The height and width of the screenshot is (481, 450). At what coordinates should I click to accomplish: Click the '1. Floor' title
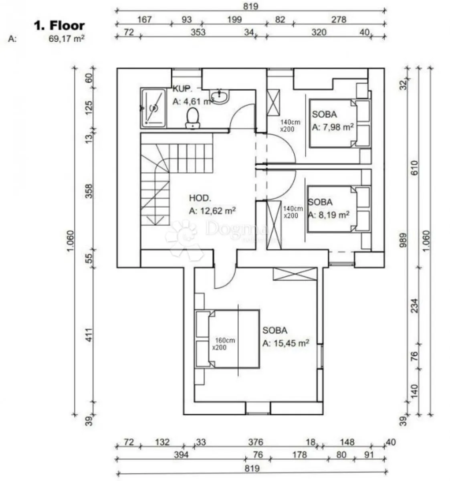pos(59,26)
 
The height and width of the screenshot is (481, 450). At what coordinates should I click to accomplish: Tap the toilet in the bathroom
pos(193,118)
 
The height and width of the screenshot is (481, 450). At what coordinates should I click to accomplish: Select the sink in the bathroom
pos(219,96)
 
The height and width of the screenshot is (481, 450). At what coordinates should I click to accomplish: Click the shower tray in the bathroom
pos(153,108)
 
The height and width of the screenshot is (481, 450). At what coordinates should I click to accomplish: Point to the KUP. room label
pos(182,89)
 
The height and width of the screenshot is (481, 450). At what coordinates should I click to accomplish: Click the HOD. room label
pos(200,198)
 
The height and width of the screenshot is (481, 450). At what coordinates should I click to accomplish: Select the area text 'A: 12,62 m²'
pos(212,211)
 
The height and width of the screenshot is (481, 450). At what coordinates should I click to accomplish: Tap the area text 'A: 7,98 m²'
pos(333,127)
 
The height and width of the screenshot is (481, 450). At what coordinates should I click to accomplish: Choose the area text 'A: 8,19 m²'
pos(329,215)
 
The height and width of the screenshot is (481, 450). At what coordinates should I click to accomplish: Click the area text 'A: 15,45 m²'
pos(286,343)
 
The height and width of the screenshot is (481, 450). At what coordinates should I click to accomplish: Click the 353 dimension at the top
pos(198,32)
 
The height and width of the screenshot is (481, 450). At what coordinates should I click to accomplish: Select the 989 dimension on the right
pos(403,240)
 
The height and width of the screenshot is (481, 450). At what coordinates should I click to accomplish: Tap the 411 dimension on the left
pos(89,335)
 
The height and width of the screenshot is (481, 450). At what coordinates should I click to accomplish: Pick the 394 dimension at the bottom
pos(181,455)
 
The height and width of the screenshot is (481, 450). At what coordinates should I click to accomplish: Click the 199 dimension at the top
pos(234,20)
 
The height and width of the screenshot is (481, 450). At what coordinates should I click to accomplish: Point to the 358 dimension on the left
pos(89,191)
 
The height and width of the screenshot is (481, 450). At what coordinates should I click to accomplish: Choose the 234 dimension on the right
pos(415,306)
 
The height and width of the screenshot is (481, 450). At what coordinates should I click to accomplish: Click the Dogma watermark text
pos(236,228)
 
